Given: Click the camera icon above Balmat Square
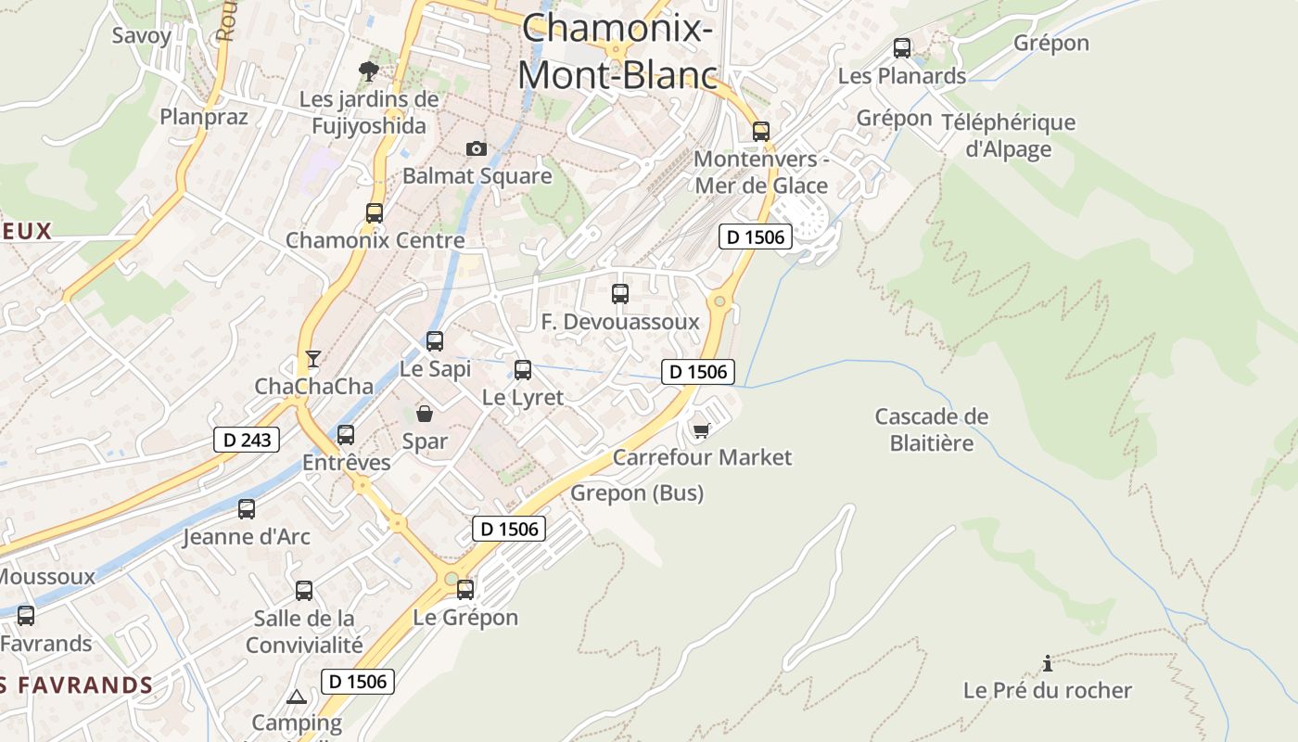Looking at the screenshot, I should (x=476, y=148).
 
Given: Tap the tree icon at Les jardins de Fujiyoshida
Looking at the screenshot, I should (x=369, y=70).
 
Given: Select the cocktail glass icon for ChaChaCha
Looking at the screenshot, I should (x=313, y=358).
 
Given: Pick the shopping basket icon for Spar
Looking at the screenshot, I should (x=425, y=414).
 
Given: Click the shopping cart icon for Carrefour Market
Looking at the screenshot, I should (x=702, y=429).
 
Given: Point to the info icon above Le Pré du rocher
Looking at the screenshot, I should (x=1048, y=663).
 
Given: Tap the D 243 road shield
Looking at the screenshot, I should (x=247, y=439).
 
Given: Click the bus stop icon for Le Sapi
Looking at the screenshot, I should (x=435, y=341).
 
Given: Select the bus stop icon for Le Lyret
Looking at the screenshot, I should (x=523, y=370).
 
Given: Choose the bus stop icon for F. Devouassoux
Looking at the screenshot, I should (x=620, y=294).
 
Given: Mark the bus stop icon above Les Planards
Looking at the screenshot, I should (x=902, y=48).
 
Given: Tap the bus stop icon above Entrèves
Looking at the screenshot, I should (x=346, y=434).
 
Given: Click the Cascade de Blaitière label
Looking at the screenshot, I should (x=932, y=429).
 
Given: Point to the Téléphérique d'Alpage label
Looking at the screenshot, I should (x=1009, y=135).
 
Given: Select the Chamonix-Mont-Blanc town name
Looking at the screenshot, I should (x=617, y=51).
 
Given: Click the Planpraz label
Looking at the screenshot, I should (x=204, y=117).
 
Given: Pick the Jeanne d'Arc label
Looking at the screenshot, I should (x=247, y=537).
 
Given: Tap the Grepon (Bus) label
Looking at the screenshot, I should (x=637, y=493).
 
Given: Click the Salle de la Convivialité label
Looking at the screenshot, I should (x=304, y=632).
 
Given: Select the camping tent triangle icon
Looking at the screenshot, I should (x=297, y=697).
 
